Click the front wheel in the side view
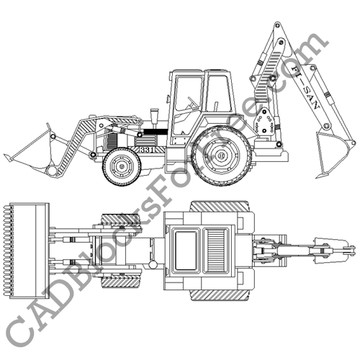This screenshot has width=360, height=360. (120, 166)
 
